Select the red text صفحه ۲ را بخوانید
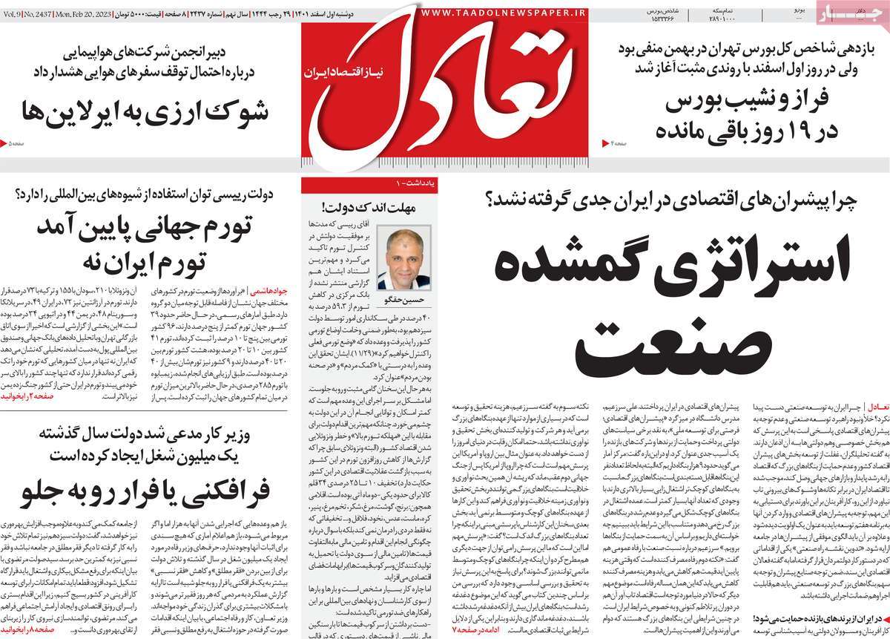(30, 398)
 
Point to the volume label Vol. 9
(11, 13)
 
